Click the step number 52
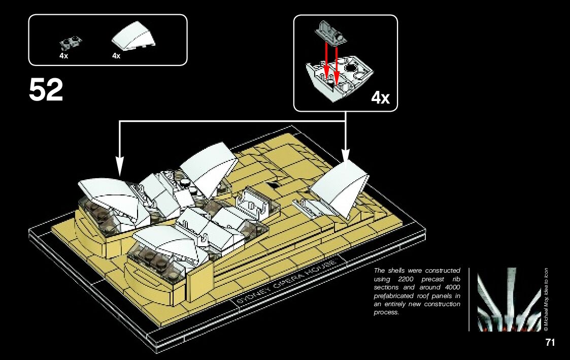pyautogui.click(x=46, y=90)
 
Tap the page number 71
pyautogui.click(x=550, y=343)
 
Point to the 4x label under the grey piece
pyautogui.click(x=63, y=56)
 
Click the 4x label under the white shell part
pyautogui.click(x=116, y=56)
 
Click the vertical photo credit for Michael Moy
pyautogui.click(x=546, y=300)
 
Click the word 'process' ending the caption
pyautogui.click(x=386, y=312)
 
